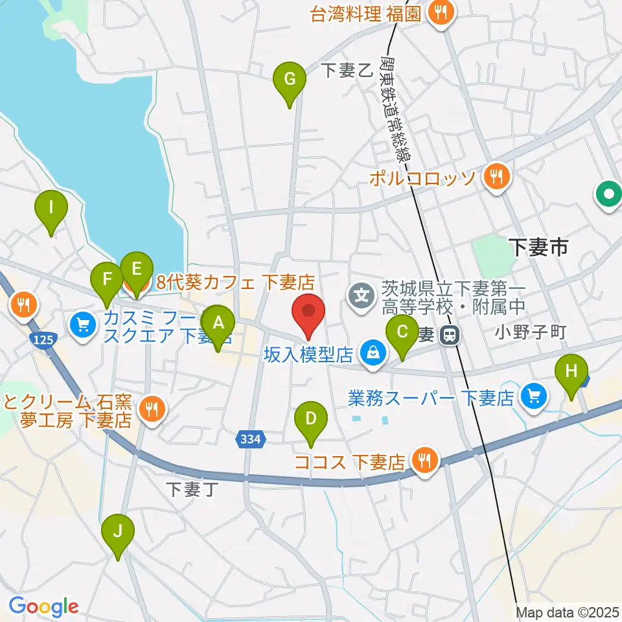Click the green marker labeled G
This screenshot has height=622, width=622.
point(290,80)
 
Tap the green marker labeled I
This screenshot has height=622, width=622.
point(52,209)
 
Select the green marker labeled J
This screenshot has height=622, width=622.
point(118,532)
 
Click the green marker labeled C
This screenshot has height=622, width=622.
point(402,333)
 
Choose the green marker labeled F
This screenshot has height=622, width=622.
point(107,280)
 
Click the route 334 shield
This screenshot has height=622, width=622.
point(251,439)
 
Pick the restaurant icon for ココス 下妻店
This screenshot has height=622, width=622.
point(424,461)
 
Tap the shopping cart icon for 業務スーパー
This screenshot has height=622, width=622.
point(534,395)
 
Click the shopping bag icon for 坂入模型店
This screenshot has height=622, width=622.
point(373,354)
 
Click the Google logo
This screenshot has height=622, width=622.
point(43,606)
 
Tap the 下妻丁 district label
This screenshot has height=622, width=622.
point(190,489)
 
